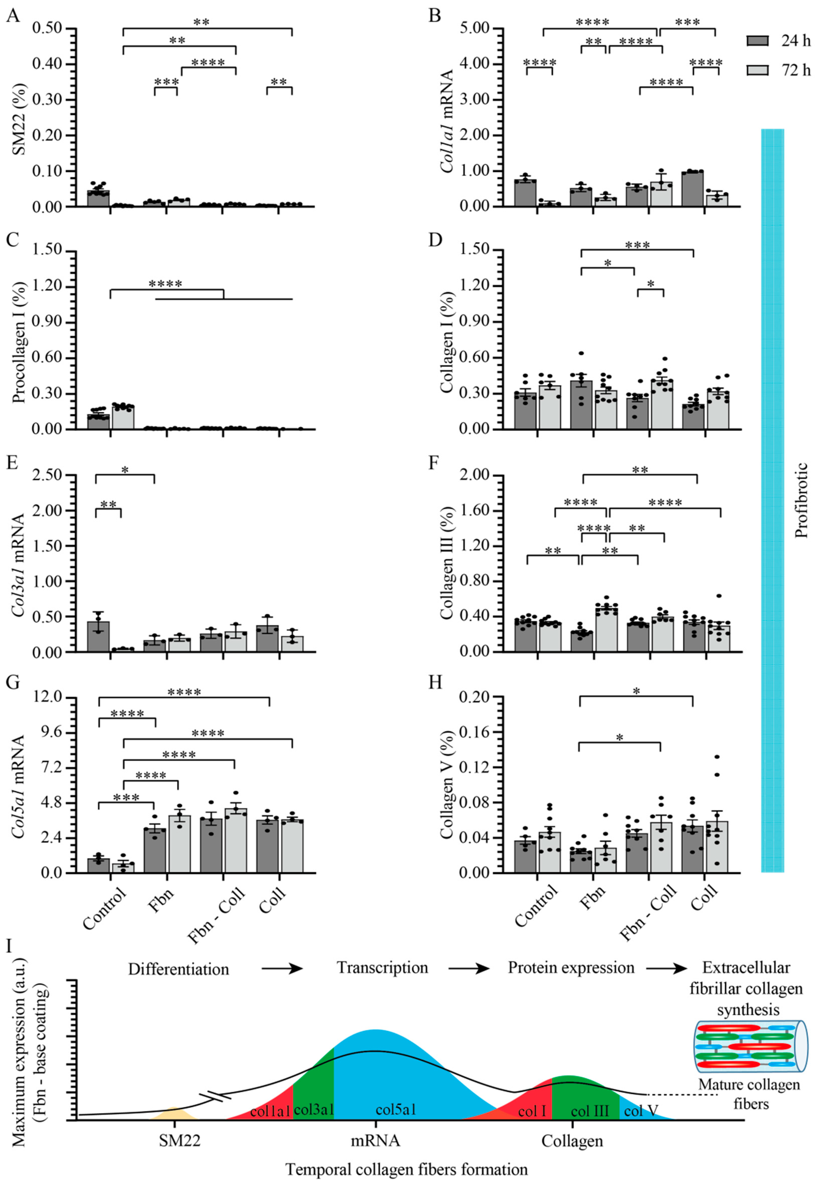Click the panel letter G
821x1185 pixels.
[12, 682]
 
